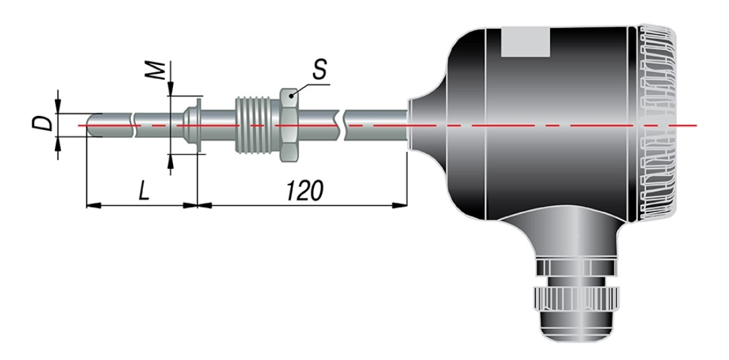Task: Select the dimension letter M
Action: click(159, 70)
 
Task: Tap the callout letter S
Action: click(319, 70)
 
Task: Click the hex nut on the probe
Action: click(289, 125)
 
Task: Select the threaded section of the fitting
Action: click(258, 125)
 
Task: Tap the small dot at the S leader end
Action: click(292, 96)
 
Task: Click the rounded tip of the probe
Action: click(91, 125)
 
